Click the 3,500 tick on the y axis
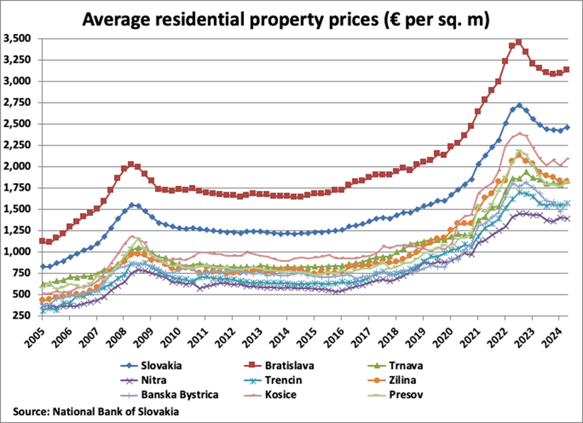(x=17, y=39)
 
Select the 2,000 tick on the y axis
(x=17, y=166)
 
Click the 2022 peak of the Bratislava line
(x=518, y=42)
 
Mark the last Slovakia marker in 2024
(x=566, y=127)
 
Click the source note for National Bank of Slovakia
(x=96, y=411)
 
